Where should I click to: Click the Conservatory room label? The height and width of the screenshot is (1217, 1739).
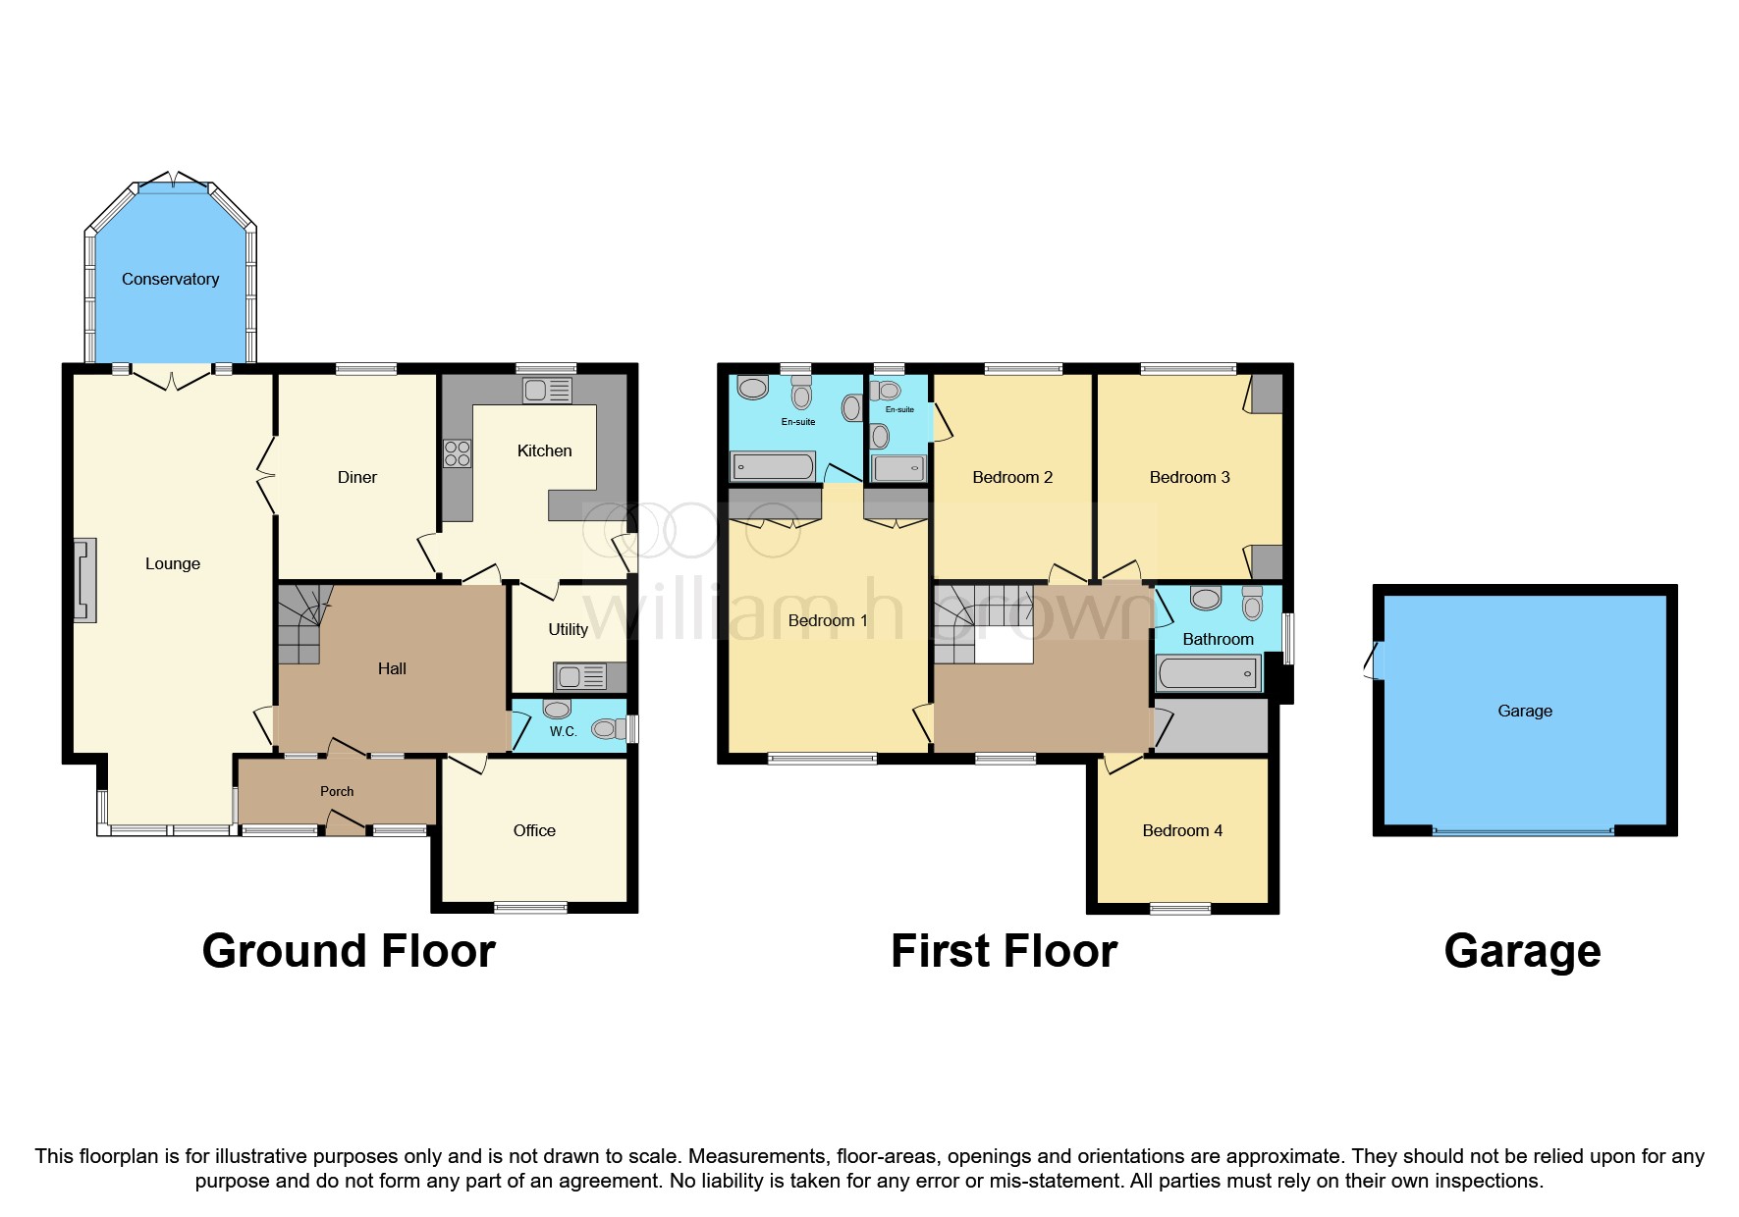tap(170, 280)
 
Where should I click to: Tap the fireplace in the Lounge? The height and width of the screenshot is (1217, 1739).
tap(85, 580)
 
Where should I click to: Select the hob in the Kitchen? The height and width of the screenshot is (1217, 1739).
tap(457, 453)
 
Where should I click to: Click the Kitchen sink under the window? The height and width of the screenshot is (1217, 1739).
tap(547, 391)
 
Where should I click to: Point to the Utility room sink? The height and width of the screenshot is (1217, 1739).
tap(581, 676)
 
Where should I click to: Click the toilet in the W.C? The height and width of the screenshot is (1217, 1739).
tap(606, 728)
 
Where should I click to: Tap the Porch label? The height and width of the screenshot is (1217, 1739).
tap(337, 791)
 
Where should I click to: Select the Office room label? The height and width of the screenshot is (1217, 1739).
tap(534, 830)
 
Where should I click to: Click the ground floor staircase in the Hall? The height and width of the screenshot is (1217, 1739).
tap(299, 623)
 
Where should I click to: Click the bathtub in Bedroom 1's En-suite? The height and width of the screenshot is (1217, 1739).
tap(773, 465)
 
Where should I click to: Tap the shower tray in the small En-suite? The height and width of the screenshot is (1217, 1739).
tap(899, 468)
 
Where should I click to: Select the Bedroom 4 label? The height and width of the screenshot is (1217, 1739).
tap(1182, 830)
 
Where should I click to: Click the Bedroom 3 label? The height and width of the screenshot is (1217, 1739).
tap(1189, 478)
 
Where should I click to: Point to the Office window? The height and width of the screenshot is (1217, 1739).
tap(530, 907)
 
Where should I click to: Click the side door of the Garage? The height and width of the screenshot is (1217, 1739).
tap(1377, 661)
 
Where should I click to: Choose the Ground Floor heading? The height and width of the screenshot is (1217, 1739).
tap(349, 951)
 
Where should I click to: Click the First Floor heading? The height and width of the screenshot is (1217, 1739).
tap(1004, 951)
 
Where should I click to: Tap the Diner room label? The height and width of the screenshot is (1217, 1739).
tap(356, 478)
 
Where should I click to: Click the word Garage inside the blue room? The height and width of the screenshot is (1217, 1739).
tap(1524, 711)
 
